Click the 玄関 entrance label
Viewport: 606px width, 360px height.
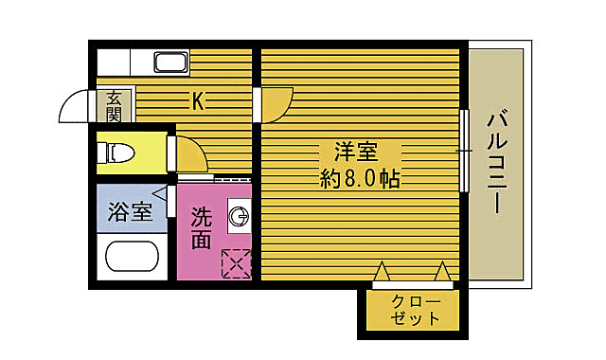point(114,105)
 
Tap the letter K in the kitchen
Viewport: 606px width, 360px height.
point(198,100)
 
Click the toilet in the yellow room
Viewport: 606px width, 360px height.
point(119,152)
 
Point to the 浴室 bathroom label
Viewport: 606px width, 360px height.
point(130,211)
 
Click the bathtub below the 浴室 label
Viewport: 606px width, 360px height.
point(132,258)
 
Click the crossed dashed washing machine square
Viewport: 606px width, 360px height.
point(236,263)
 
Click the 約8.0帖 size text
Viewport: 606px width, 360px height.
point(359,178)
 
